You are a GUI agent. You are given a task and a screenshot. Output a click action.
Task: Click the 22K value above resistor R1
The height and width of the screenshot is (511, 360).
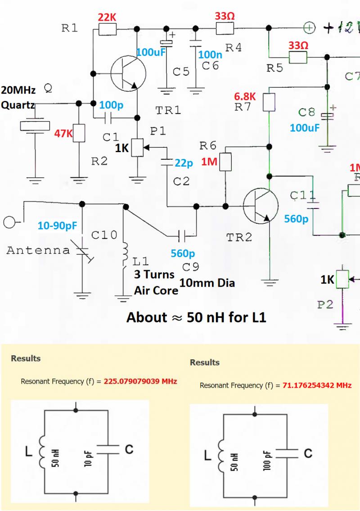tap(107, 17)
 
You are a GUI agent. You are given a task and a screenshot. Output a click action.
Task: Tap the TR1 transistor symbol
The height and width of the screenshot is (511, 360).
tap(128, 73)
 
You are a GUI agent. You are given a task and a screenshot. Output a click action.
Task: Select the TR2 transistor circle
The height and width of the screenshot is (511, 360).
tap(261, 206)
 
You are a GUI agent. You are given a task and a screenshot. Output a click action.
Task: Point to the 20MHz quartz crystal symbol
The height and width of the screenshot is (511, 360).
tap(35, 126)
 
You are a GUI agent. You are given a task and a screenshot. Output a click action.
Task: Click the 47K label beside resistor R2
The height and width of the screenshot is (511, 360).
tap(63, 133)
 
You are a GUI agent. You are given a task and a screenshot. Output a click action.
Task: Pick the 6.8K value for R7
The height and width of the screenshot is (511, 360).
tap(245, 96)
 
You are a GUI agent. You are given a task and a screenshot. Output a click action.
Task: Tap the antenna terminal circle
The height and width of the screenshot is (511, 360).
tap(9, 222)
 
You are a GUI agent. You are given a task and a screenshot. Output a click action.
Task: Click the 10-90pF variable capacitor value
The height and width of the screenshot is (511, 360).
tap(57, 226)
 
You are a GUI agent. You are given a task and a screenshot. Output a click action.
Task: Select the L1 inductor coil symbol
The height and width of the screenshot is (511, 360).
tap(125, 254)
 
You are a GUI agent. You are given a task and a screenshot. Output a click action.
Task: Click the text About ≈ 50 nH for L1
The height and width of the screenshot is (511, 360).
tap(197, 317)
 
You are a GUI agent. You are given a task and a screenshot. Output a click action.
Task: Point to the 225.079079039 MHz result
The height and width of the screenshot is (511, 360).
tap(140, 381)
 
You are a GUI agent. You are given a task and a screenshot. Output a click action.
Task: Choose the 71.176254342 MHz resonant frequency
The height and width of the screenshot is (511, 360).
tap(317, 385)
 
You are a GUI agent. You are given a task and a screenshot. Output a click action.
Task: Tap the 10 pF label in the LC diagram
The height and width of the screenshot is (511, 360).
tap(88, 458)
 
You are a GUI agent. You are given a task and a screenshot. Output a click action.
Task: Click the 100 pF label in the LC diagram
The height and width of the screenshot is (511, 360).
tap(267, 461)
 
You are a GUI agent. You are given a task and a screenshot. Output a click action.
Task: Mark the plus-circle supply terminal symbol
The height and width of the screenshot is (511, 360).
tap(309, 28)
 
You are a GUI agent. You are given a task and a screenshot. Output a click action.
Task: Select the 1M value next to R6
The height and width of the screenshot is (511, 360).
tap(209, 161)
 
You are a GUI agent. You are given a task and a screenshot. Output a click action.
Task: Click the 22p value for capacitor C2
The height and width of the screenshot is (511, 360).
tap(184, 163)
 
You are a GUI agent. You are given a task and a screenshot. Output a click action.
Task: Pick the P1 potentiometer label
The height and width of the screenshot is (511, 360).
tap(158, 131)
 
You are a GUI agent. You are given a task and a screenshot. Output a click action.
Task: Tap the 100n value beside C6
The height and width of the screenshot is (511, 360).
tap(210, 54)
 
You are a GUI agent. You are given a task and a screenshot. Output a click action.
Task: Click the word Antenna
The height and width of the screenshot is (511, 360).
tap(38, 250)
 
